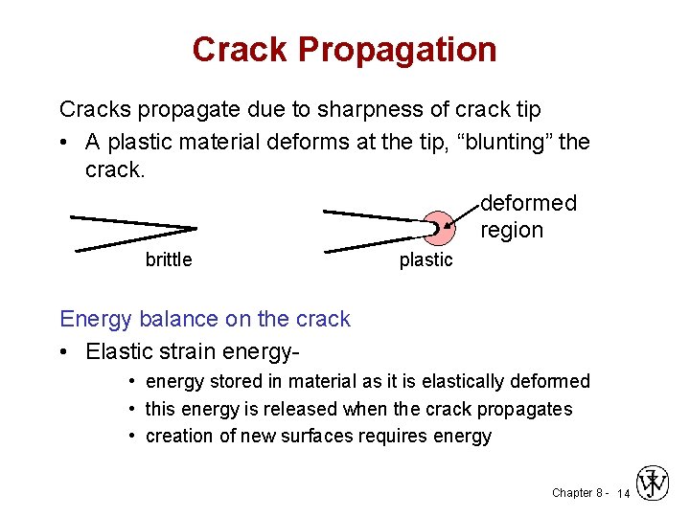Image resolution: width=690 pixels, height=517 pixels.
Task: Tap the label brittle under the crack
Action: pos(169,259)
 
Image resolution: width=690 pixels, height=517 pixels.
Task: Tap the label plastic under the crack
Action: pos(425,260)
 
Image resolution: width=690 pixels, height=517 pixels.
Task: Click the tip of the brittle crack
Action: pos(195,228)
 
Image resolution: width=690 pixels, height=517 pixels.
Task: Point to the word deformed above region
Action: pos(528,203)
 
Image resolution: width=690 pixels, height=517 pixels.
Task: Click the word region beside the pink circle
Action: pos(511,230)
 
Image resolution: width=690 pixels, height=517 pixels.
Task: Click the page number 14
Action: pos(623,493)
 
